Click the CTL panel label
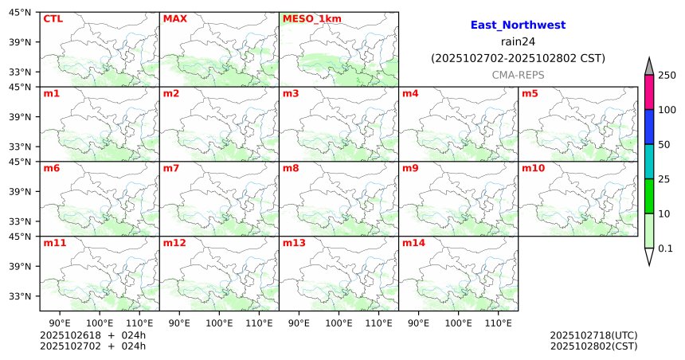coord(52,18)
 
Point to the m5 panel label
coord(530,93)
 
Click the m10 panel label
coord(533,168)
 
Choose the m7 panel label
coord(170,168)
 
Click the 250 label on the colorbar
coord(667,75)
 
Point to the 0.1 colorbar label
coord(665,248)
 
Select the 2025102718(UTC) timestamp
coord(593,335)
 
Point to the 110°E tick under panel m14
coord(499,323)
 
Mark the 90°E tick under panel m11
coord(60,323)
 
